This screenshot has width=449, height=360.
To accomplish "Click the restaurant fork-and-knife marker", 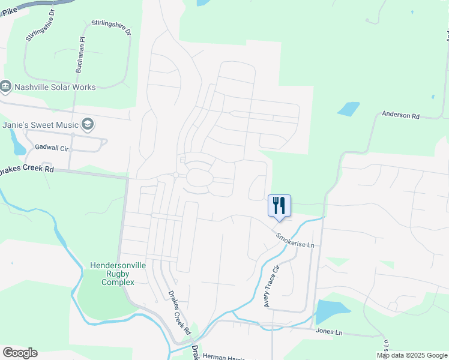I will (x=279, y=205).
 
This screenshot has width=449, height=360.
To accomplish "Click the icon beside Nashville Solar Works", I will (x=6, y=87).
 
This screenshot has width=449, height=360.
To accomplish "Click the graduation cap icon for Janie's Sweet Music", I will (x=88, y=124).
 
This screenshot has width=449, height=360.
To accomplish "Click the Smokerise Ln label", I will (x=295, y=240).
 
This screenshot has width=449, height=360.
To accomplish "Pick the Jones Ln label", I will (x=330, y=332).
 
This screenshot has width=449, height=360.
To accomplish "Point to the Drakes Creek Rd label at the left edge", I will (x=27, y=169).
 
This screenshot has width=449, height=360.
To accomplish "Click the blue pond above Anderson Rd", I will (x=348, y=109).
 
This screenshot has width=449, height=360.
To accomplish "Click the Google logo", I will (x=20, y=353).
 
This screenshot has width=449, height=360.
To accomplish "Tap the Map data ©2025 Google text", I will (x=412, y=355).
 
